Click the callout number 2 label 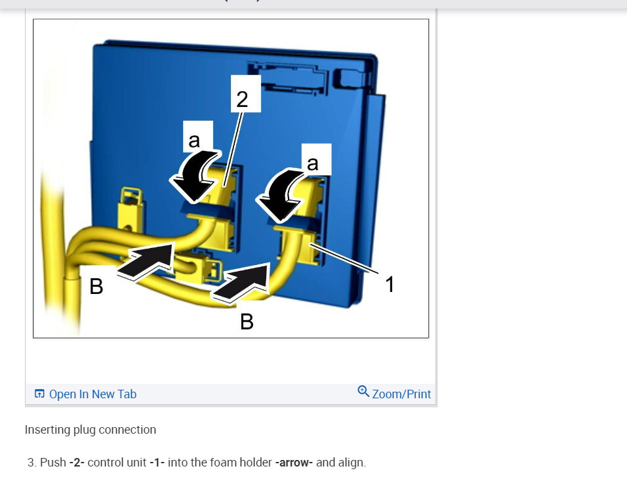coord(242,99)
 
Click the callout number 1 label coord(390,284)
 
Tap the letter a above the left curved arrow coord(194,140)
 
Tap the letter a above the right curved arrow coord(313,163)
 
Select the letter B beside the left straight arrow coord(96,287)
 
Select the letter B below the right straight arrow coord(247,322)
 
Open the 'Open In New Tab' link coord(92,394)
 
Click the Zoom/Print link coord(401,394)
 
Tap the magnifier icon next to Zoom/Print coord(363,391)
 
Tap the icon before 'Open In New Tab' coord(39,394)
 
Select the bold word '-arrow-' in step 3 coord(294,463)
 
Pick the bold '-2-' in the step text coord(77,463)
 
